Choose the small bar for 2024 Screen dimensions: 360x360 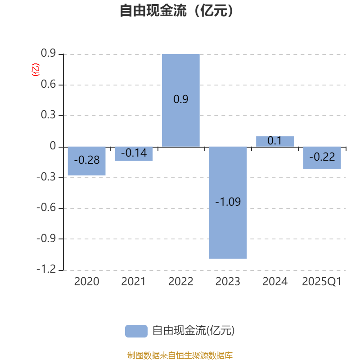pyautogui.click(x=275, y=141)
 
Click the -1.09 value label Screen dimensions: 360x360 pyautogui.click(x=228, y=202)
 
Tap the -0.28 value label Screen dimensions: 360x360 pyautogui.click(x=86, y=160)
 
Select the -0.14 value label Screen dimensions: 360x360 pyautogui.click(x=134, y=153)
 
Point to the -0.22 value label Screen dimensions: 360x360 pyautogui.click(x=322, y=157)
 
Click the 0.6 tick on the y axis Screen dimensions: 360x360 pyautogui.click(x=48, y=85)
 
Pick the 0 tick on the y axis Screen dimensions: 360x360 pyautogui.click(x=53, y=146)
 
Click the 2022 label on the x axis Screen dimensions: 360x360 pyautogui.click(x=181, y=282)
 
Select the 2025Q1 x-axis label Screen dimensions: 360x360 pyautogui.click(x=322, y=282)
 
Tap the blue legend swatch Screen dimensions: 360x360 pyautogui.click(x=136, y=331)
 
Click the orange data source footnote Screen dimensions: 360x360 pyautogui.click(x=180, y=355)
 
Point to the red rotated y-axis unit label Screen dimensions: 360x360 pyautogui.click(x=35, y=69)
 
